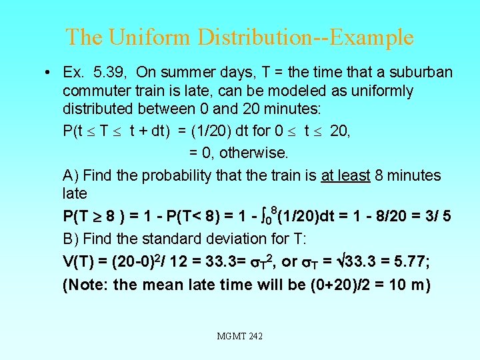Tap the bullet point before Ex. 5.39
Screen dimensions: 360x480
point(41,73)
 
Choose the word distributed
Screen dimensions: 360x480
point(99,109)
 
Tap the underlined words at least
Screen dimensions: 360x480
point(345,175)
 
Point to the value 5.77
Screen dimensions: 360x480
point(413,261)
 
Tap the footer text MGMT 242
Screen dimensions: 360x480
point(240,337)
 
